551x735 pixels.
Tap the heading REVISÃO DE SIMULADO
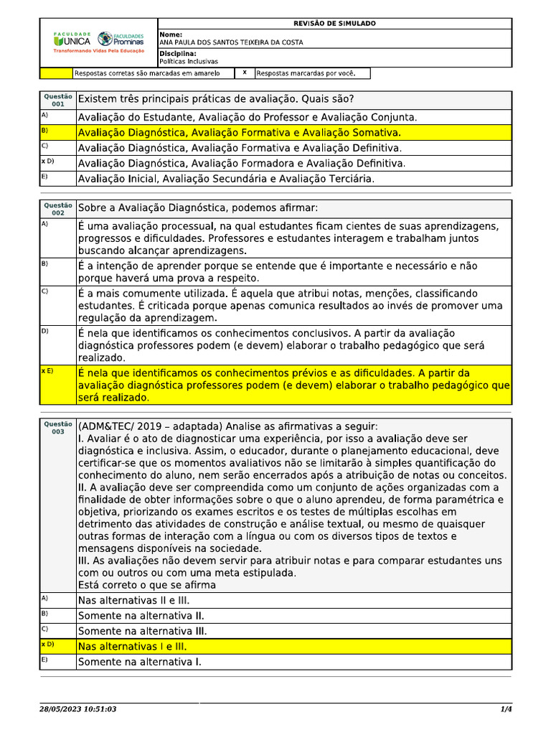coord(334,24)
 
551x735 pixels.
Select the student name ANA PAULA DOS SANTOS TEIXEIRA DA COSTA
coord(230,42)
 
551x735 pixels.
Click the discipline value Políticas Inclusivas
coord(189,62)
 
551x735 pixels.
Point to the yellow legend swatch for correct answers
coord(56,73)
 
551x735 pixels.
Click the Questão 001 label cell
coord(58,100)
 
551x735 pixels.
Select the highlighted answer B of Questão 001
coord(239,133)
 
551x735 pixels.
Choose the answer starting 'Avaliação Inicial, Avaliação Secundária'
coord(225,179)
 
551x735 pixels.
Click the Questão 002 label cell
coord(58,209)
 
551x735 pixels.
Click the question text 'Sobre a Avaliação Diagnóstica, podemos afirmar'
coord(197,208)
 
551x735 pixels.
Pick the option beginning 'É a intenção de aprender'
coord(277,271)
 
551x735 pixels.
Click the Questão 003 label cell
coord(58,428)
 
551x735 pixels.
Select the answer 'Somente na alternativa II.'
coord(141,616)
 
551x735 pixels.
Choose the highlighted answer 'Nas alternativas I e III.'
coord(133,647)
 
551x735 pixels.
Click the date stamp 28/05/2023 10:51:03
coord(78,709)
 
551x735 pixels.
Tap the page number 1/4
coord(505,709)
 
